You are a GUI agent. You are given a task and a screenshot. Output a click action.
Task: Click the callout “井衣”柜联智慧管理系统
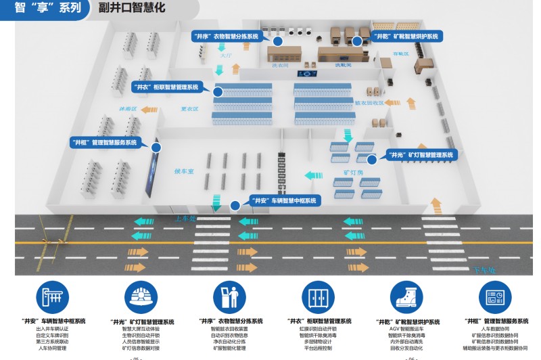166,87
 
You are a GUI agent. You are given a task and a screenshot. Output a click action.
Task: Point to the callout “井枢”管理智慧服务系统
105,143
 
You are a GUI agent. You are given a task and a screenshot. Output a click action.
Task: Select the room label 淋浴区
128,108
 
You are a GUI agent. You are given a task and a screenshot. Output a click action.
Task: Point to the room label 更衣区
189,108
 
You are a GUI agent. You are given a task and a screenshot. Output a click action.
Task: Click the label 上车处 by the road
184,218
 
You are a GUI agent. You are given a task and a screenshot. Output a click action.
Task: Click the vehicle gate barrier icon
54,297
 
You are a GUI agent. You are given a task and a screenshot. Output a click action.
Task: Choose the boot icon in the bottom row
407,297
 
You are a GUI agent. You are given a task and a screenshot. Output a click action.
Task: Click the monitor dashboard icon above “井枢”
496,297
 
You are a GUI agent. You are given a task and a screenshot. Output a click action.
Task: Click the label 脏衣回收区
369,103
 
